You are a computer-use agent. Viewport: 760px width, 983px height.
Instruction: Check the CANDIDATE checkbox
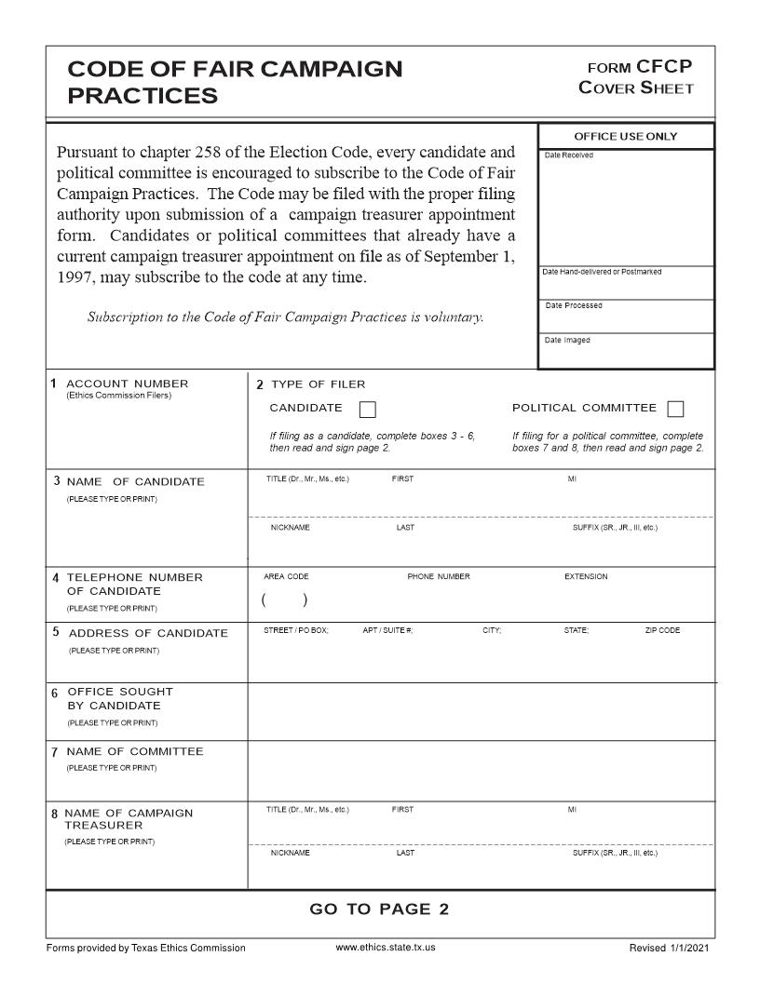click(x=367, y=410)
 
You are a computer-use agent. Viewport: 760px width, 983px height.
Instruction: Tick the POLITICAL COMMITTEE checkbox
click(x=676, y=410)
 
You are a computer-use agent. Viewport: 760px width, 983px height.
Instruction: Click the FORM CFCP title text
click(x=639, y=67)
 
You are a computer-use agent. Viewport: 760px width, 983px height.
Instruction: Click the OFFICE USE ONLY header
click(x=626, y=137)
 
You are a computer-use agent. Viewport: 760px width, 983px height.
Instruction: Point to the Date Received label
click(x=568, y=155)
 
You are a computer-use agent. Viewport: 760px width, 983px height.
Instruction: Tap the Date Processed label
click(x=574, y=306)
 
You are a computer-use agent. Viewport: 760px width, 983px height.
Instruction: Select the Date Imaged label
click(x=567, y=341)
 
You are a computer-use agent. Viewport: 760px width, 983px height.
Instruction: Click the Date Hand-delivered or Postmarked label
click(x=602, y=272)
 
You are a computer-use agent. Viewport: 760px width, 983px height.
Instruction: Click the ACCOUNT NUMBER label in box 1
click(x=127, y=384)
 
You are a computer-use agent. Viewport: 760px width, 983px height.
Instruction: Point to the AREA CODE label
click(x=286, y=577)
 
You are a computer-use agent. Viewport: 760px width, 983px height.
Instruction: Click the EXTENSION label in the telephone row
click(x=586, y=577)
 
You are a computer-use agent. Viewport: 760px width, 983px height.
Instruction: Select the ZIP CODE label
click(x=662, y=631)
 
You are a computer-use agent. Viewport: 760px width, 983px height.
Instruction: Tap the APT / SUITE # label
click(x=387, y=631)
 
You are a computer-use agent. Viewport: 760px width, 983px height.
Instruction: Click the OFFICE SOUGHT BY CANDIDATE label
click(x=119, y=699)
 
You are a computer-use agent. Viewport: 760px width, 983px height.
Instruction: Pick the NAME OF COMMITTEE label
click(x=134, y=751)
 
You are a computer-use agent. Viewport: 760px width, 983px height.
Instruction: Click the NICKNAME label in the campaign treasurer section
click(x=291, y=853)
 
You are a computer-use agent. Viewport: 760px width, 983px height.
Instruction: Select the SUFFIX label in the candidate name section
click(x=615, y=528)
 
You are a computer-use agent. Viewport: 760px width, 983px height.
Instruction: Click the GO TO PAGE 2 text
click(x=379, y=909)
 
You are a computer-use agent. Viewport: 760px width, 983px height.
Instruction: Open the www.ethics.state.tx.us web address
click(x=386, y=948)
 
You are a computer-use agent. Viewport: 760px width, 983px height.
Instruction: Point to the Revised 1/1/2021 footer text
click(x=670, y=948)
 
